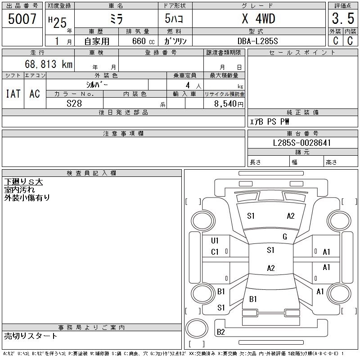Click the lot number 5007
[22, 19]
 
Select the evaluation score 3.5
[342, 19]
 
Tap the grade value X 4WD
[258, 19]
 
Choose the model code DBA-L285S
[258, 41]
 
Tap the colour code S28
[74, 103]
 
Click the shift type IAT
[13, 94]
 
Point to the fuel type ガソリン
[175, 41]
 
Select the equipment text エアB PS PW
[270, 121]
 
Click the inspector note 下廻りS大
[23, 182]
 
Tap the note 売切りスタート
[31, 336]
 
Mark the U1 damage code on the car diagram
[215, 240]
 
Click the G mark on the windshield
[284, 237]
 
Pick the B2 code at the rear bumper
[221, 332]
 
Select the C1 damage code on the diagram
[215, 252]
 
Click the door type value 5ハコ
[175, 19]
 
